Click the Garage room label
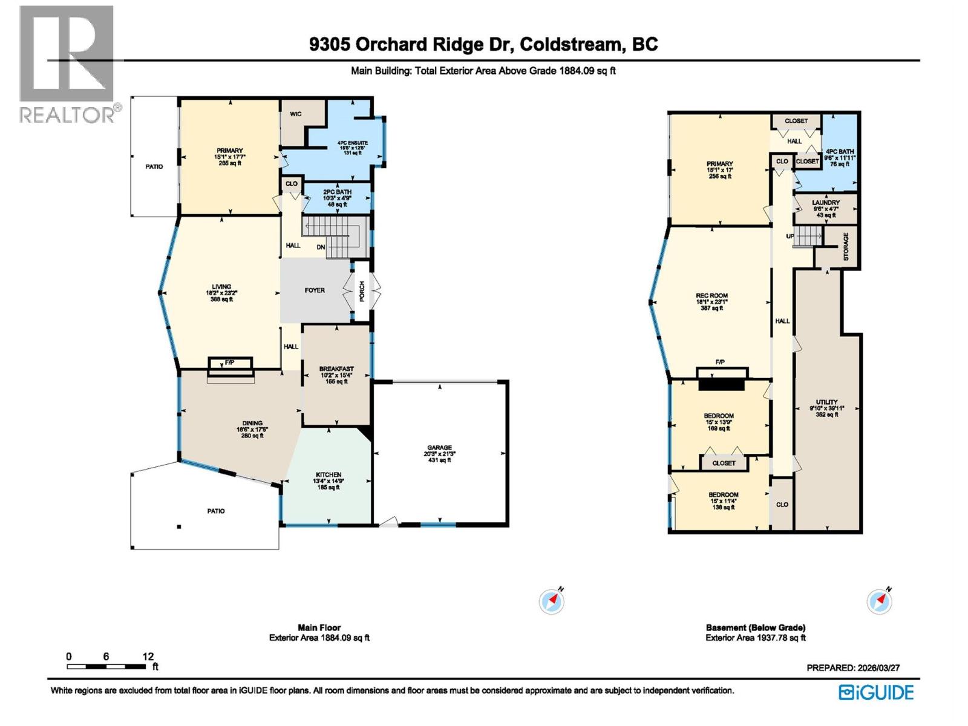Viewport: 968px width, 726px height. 439,448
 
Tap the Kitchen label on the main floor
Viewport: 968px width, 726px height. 329,475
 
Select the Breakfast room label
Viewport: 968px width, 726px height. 336,369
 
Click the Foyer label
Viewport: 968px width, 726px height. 315,290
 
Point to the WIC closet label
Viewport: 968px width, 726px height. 296,114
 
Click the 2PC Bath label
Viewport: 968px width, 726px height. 337,192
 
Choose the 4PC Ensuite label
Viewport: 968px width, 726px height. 352,143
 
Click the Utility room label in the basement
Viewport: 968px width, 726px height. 826,402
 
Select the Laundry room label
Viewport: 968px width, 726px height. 826,203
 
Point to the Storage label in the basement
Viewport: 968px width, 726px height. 846,246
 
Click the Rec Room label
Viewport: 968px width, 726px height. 711,296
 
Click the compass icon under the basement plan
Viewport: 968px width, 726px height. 879,601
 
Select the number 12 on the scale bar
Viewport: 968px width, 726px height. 148,656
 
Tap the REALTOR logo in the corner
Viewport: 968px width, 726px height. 67,63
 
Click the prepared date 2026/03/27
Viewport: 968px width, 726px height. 878,668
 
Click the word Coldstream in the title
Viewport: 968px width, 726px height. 571,44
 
